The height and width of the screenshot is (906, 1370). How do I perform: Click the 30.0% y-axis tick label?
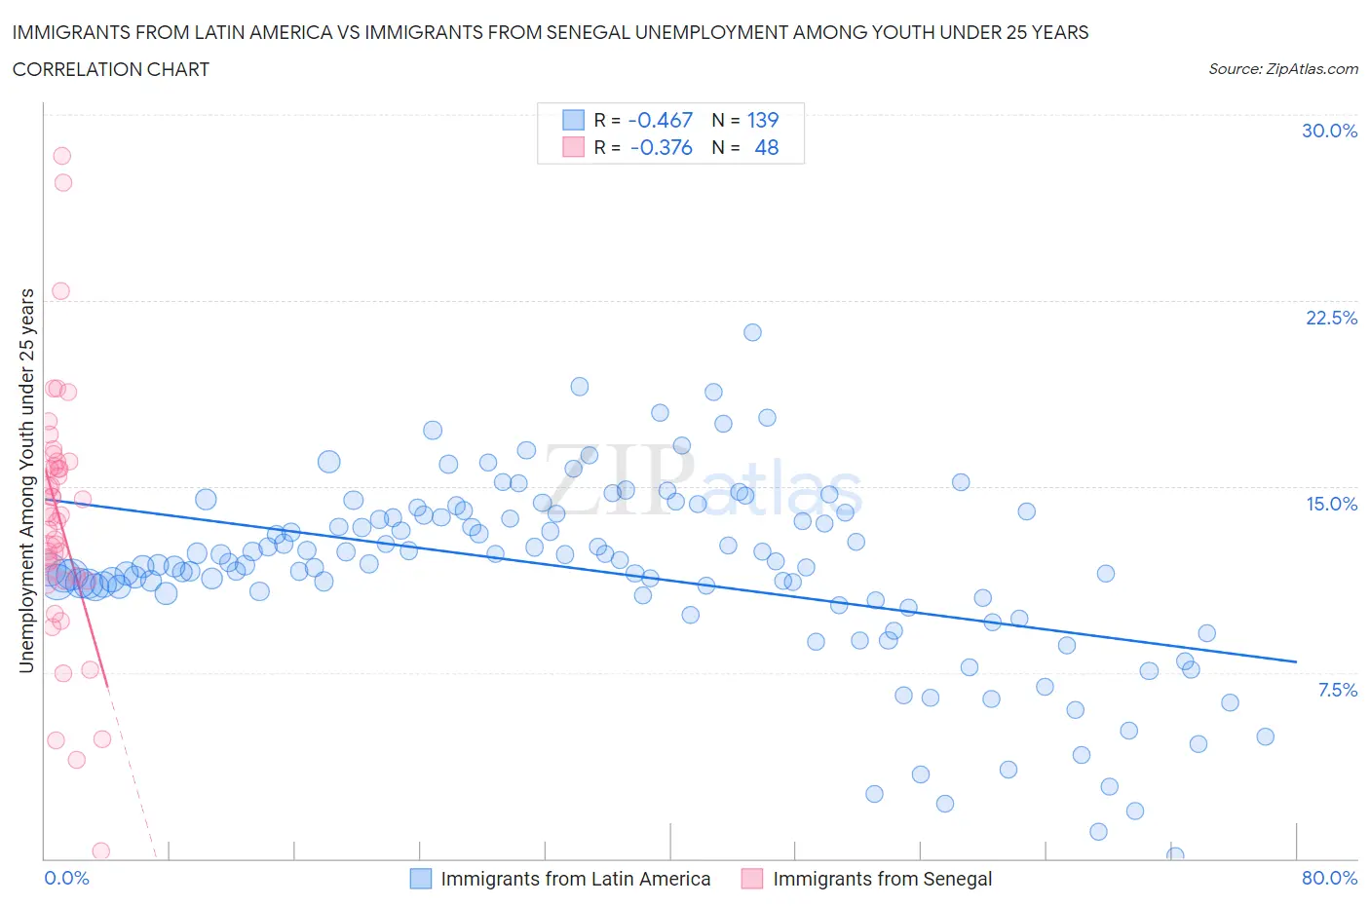click(1329, 131)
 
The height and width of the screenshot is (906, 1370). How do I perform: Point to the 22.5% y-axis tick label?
click(1331, 318)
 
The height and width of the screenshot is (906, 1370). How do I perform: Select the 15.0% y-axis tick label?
click(1331, 504)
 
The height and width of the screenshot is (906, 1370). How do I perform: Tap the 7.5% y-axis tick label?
click(1337, 690)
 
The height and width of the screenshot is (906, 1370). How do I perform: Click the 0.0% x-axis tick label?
click(67, 878)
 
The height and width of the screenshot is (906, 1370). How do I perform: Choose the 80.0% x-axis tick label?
click(1329, 878)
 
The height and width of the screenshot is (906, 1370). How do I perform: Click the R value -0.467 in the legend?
click(660, 120)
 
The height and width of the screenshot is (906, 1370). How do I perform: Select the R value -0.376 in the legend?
click(661, 147)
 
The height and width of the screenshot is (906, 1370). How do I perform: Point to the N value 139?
click(763, 120)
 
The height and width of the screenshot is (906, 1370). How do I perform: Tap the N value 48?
click(767, 147)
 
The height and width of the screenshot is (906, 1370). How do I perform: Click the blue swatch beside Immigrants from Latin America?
click(420, 879)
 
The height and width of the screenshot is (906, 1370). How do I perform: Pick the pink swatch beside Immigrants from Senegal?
click(752, 879)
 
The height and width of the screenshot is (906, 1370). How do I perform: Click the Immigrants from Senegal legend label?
click(882, 879)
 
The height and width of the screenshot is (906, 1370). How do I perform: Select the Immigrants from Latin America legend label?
click(575, 879)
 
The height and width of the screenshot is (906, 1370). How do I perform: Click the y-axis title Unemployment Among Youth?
click(27, 480)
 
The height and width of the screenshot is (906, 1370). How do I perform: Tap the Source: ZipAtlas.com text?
click(1282, 69)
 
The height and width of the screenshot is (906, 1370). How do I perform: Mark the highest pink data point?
click(61, 156)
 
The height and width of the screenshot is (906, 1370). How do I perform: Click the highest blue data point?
click(752, 332)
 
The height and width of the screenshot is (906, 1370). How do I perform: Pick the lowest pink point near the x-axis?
click(100, 851)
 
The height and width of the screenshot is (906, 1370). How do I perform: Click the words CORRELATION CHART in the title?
click(111, 69)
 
